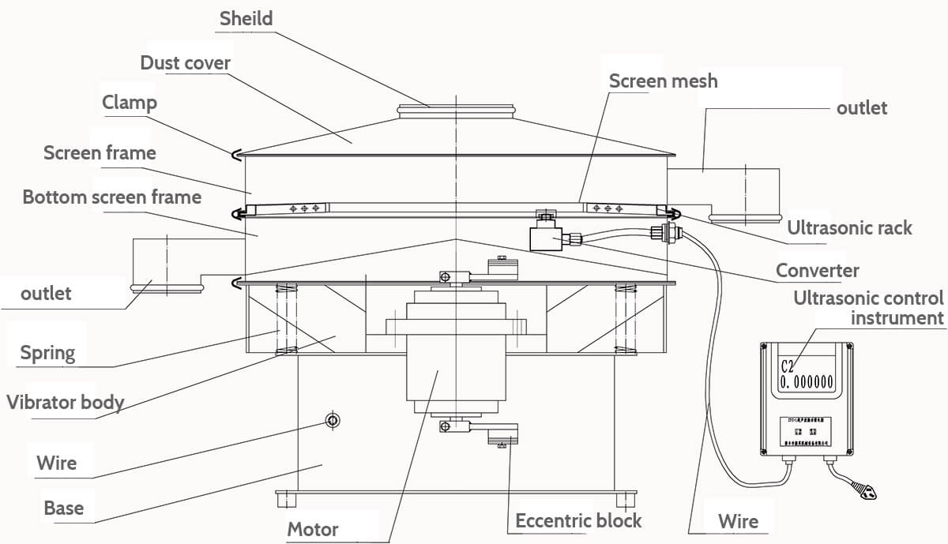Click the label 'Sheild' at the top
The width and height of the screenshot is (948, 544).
point(246,18)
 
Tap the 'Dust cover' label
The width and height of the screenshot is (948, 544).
point(185,62)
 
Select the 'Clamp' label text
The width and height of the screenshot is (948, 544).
point(130,103)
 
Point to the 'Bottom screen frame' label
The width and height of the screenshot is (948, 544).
point(111,197)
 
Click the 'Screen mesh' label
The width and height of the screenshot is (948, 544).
point(663,81)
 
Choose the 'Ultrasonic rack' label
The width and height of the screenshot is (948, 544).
point(849,228)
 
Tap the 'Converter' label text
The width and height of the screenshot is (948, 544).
point(817,271)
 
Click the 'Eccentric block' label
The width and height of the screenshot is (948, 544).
point(578,520)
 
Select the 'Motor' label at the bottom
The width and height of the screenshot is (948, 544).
point(312,529)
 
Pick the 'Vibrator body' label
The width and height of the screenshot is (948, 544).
point(66,402)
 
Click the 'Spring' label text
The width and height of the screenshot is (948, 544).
point(48,352)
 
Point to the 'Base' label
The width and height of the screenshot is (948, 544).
point(63,507)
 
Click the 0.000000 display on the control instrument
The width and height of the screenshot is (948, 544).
point(807,382)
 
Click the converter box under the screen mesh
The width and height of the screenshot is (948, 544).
point(545,237)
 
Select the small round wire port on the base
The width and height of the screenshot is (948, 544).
point(333,420)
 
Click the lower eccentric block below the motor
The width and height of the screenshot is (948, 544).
point(501,433)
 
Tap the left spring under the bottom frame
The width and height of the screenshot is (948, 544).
point(286,319)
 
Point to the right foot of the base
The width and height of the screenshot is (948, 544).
point(626,499)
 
